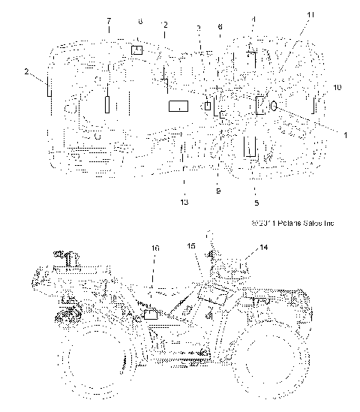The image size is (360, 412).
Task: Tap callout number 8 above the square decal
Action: click(139, 23)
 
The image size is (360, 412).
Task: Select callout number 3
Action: click(198, 27)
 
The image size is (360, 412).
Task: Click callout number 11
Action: click(310, 14)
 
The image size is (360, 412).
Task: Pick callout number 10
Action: click(337, 88)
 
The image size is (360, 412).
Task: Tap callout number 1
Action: click(323, 134)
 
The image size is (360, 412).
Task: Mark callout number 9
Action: click(217, 191)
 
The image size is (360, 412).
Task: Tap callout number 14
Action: click(263, 247)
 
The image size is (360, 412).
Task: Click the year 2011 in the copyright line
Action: click(266, 223)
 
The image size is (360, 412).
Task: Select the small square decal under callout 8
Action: click(137, 50)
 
